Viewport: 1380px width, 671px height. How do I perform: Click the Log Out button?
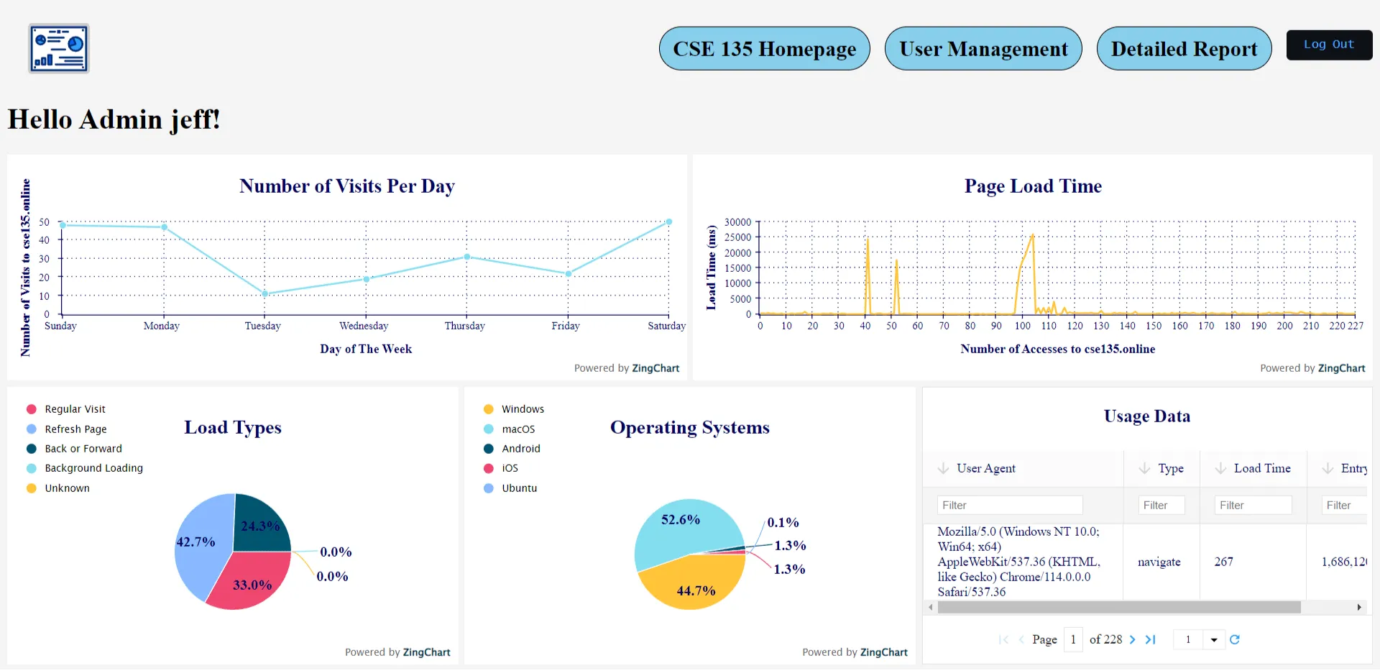[1328, 45]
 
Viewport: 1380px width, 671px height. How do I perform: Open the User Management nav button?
[983, 49]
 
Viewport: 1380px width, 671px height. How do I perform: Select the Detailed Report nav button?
[1183, 49]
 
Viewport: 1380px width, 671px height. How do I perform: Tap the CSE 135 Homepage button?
[764, 49]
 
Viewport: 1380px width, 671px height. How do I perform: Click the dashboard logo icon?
[59, 49]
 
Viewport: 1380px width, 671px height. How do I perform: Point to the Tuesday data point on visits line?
[264, 293]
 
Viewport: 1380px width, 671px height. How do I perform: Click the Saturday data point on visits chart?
[668, 222]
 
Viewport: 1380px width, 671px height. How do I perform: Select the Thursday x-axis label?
[464, 326]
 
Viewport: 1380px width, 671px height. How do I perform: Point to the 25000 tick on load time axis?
[737, 237]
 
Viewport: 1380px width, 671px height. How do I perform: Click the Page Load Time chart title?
[1032, 186]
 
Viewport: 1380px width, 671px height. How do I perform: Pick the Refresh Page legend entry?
[75, 429]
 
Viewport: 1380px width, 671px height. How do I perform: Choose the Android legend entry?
[520, 449]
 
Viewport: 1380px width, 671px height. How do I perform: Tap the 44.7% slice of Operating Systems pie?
[690, 586]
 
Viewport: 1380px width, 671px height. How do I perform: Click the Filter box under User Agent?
[1009, 506]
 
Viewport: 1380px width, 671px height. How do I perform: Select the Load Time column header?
[1261, 469]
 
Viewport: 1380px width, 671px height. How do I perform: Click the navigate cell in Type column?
[1159, 562]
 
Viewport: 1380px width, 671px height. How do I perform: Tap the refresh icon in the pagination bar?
[1234, 639]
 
